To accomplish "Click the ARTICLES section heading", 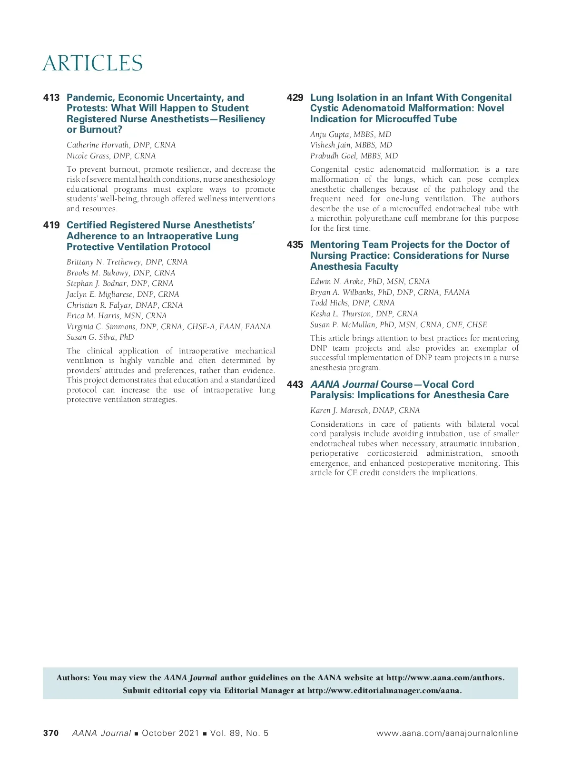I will pos(92,63).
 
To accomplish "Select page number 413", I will pos(51,98).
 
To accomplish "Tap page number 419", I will pos(51,225).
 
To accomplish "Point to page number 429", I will pos(295,98).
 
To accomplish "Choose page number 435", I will pos(295,245).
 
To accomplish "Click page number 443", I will pos(295,385).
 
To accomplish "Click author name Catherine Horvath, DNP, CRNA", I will pos(121,145).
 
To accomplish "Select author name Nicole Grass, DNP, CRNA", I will pos(111,156).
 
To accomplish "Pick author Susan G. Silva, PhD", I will pos(100,337).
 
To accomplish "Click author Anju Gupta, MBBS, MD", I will pos(351,135).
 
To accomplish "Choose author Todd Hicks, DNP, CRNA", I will pos(352,303).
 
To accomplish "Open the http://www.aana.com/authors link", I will pos(444,678).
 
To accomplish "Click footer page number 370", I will pos(51,733).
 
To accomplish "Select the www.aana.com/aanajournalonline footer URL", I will pos(447,733).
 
